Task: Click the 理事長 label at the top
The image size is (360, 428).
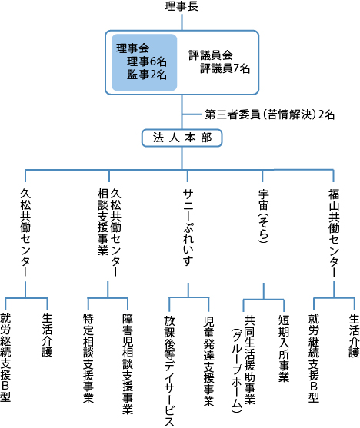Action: [x=182, y=8]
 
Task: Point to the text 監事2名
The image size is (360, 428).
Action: [x=148, y=74]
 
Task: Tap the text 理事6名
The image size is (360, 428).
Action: [x=148, y=61]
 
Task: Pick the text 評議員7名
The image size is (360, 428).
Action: [x=225, y=68]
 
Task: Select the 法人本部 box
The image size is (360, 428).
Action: [x=182, y=138]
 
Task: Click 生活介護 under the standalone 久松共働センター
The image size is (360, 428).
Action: [x=46, y=331]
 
